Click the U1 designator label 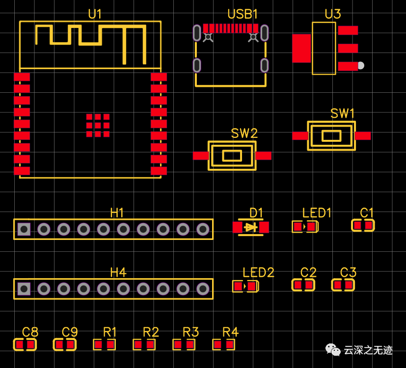click(x=95, y=15)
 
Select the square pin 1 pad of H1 click(x=24, y=229)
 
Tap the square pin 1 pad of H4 click(x=24, y=289)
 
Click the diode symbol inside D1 click(x=251, y=227)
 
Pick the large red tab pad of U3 click(x=301, y=48)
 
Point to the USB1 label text click(x=243, y=14)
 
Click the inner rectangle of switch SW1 click(x=331, y=136)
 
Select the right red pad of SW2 click(x=264, y=156)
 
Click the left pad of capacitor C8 click(x=20, y=345)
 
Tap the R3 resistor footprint click(x=184, y=345)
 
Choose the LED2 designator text click(x=258, y=273)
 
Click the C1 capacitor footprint click(x=363, y=225)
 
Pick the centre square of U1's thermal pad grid click(x=98, y=125)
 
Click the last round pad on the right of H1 click(x=203, y=229)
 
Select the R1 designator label click(x=110, y=332)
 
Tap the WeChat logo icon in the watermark click(x=333, y=350)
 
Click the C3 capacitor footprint click(x=343, y=285)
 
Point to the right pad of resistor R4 click(x=229, y=345)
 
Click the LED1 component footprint click(x=305, y=227)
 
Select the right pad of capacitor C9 click(x=70, y=345)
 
